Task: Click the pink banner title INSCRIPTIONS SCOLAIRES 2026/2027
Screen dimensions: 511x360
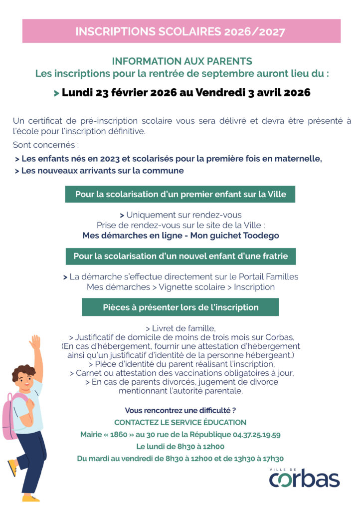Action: [x=180, y=31]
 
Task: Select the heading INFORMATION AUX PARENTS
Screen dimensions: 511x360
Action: [x=182, y=61]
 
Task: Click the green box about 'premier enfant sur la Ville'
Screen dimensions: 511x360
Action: [x=180, y=194]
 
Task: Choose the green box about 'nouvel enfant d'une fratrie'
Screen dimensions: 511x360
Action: [x=180, y=256]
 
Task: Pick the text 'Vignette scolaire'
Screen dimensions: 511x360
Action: [x=190, y=287]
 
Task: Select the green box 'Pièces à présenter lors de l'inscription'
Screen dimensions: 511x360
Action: [x=180, y=307]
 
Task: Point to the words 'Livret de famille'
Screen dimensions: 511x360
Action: [x=182, y=328]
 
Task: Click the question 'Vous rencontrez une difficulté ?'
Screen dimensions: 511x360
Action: [x=180, y=410]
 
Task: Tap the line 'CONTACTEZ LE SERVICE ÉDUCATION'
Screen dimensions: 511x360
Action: [x=180, y=422]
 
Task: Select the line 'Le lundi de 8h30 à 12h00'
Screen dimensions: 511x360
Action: [x=180, y=447]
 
